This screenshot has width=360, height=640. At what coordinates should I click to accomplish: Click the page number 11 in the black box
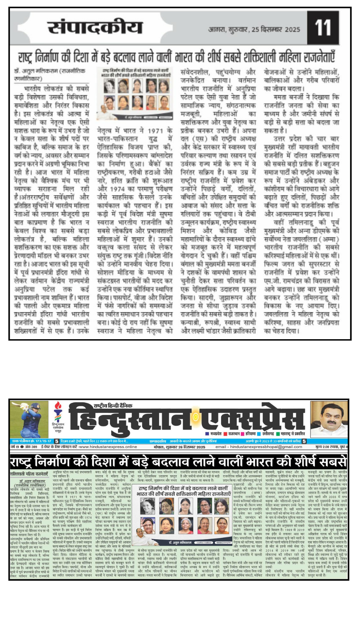(322, 28)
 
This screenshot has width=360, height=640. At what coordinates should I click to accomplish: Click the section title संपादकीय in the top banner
(95, 28)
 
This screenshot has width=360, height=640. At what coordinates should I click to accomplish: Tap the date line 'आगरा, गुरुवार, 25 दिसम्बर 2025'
(254, 30)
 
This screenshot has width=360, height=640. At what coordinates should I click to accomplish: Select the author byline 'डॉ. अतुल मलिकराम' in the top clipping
(38, 71)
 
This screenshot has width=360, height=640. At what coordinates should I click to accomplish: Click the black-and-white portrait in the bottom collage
(147, 506)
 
